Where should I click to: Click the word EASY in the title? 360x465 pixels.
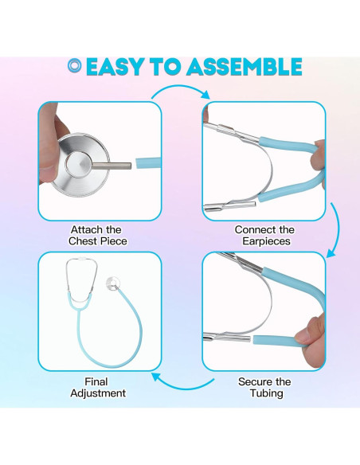(115, 67)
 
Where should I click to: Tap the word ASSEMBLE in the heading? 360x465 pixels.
(245, 67)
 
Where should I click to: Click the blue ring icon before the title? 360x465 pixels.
(75, 66)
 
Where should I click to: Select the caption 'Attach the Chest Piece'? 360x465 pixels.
(97, 236)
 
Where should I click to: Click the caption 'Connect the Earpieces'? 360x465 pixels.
(264, 236)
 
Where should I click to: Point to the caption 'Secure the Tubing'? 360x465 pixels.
(264, 387)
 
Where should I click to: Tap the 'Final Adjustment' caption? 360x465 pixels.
(98, 387)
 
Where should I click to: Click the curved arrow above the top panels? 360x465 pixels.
(182, 88)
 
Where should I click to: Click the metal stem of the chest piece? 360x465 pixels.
(112, 166)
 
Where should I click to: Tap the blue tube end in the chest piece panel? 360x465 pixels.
(149, 162)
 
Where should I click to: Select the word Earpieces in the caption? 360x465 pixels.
(266, 241)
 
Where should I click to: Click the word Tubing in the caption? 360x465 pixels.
(266, 393)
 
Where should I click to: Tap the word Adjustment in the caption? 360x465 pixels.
(98, 393)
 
